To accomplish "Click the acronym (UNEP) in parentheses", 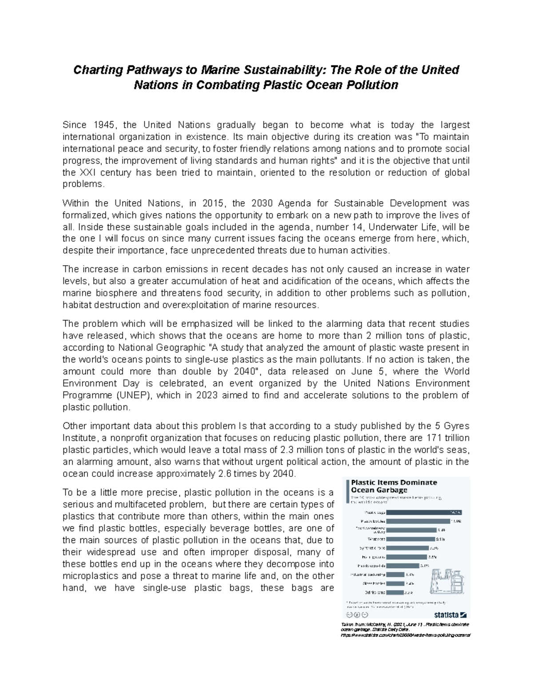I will [x=132, y=395].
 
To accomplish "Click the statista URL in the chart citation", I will [x=405, y=636].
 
